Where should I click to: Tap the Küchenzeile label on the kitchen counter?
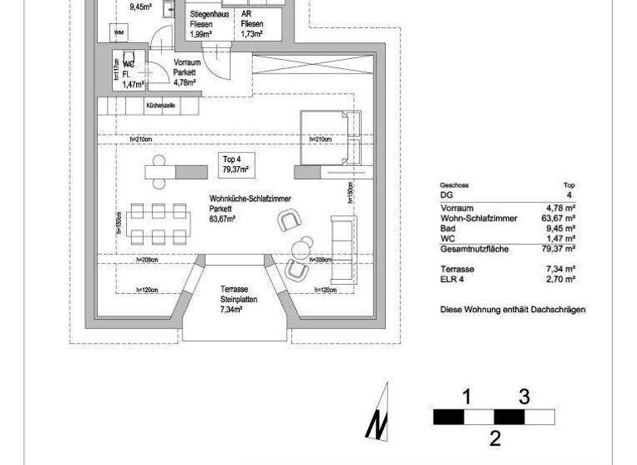(160, 106)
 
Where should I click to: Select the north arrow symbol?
(377, 413)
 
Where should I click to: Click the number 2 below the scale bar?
(494, 438)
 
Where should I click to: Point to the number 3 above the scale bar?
(523, 397)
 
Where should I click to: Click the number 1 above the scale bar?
(467, 397)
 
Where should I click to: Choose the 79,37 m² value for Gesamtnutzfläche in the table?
(562, 248)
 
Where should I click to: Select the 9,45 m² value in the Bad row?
(562, 228)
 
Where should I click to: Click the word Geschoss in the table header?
(455, 185)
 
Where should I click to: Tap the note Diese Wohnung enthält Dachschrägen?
(513, 309)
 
